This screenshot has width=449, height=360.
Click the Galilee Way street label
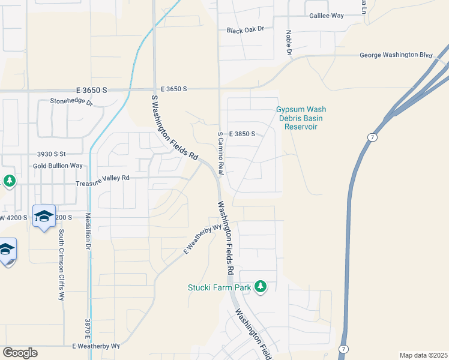coord(327,16)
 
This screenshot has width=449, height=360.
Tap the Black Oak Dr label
coord(246,30)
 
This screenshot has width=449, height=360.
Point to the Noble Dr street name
coord(289,44)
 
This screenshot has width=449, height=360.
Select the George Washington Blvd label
coord(396,55)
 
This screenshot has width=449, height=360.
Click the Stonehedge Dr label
coord(71,102)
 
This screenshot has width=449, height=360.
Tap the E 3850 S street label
coord(242,134)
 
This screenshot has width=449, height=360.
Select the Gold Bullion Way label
coord(58,166)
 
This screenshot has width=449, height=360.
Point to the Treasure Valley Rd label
coord(103,178)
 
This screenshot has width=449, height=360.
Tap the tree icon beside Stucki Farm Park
coord(261,287)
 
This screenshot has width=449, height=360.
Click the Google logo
coord(20,353)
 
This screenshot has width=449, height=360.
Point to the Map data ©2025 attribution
coord(423,355)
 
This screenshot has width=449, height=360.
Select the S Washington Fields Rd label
coord(173,127)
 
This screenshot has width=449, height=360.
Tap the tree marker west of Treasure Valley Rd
coord(9,181)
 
